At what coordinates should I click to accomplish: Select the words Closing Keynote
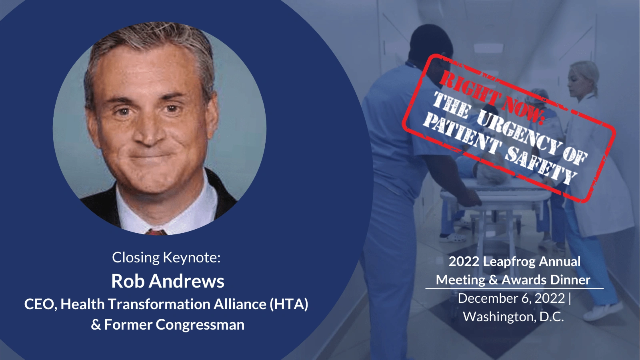166,258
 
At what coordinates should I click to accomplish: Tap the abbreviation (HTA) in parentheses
289,304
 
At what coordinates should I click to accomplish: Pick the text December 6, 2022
512,298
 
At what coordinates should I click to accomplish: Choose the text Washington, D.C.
514,316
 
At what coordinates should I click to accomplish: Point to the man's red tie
156,232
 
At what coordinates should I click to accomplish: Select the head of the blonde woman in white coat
583,78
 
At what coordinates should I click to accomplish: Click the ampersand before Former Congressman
96,325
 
